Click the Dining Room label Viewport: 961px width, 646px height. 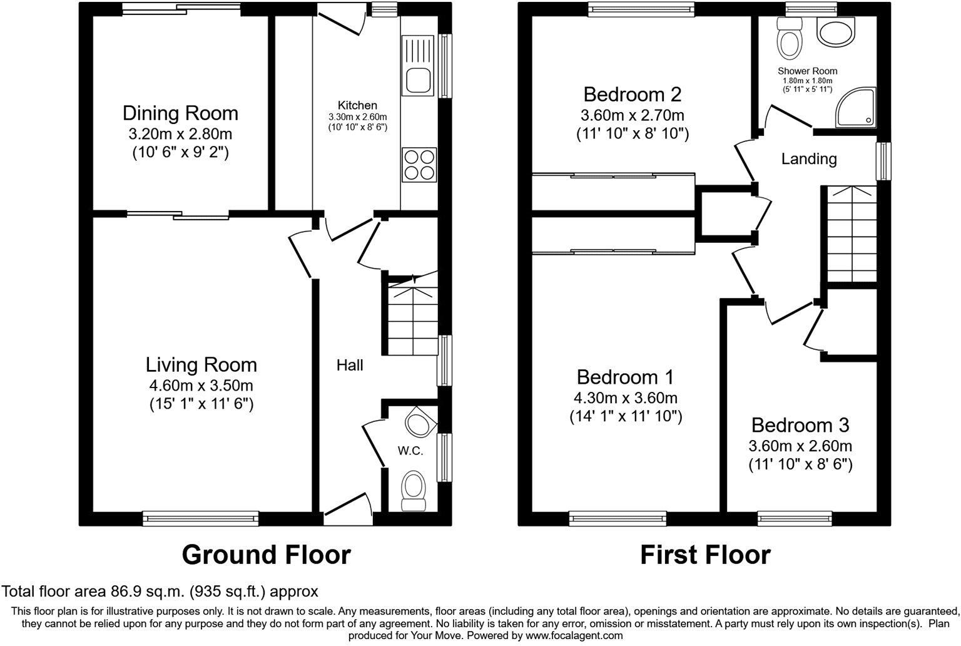coord(180,113)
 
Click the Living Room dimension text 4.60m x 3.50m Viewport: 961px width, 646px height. coord(201,385)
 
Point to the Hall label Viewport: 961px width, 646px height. coord(350,365)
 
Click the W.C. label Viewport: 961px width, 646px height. coord(410,450)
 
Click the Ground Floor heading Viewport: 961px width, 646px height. coord(266,555)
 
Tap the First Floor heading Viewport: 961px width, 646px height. coord(705,555)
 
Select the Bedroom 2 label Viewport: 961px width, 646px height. coord(632,95)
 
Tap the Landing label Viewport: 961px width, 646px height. coord(808,159)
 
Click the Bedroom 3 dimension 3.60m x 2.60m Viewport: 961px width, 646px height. coord(800,446)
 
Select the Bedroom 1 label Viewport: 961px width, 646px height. coord(625,377)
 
